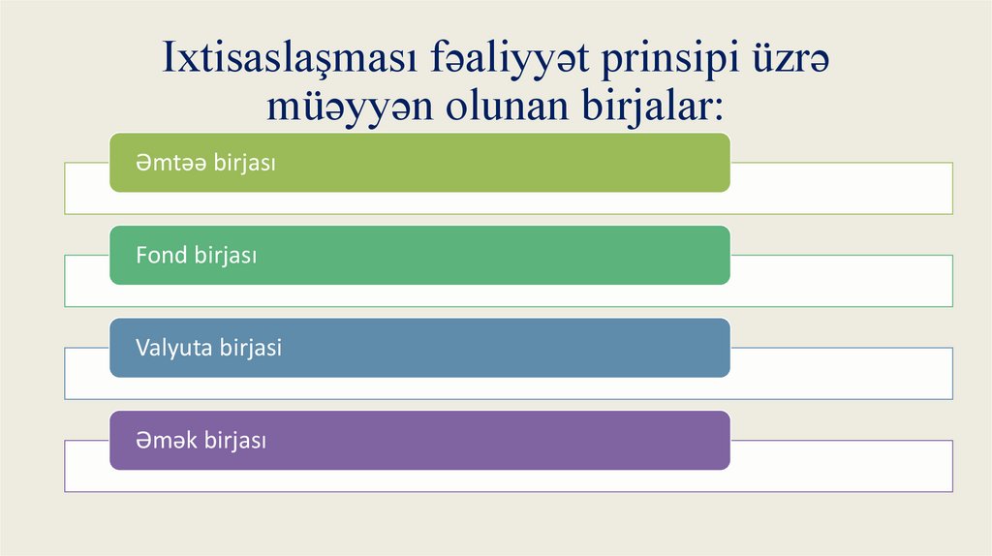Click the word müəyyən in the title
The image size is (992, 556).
(351, 108)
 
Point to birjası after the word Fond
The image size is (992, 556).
(225, 255)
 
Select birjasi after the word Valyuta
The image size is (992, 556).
(250, 347)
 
